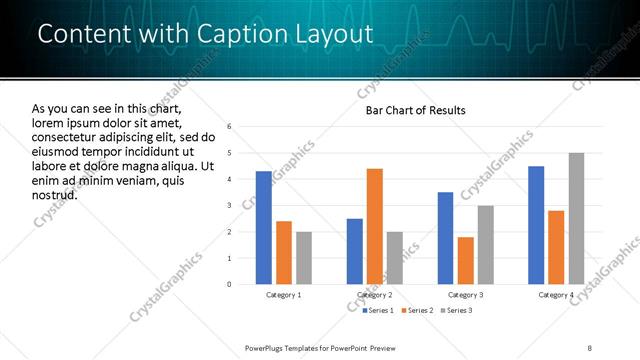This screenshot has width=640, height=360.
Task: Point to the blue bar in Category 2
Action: (x=354, y=251)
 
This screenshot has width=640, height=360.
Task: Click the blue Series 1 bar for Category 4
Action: (x=536, y=225)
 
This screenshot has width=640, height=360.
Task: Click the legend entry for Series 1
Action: (x=377, y=311)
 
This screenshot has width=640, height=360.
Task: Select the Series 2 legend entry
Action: (x=417, y=311)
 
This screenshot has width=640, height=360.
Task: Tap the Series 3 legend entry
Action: (x=456, y=311)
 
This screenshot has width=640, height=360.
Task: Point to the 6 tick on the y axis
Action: (x=230, y=127)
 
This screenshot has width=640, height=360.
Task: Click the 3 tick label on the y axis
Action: (x=230, y=206)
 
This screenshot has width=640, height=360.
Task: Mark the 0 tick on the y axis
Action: (x=230, y=284)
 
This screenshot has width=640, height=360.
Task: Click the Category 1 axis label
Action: (x=284, y=296)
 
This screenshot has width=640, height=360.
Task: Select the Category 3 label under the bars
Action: (x=465, y=296)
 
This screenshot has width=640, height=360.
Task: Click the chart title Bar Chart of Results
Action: (x=409, y=109)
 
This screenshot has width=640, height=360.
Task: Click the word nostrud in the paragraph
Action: (x=55, y=194)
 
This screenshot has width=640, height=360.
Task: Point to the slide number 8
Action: (x=590, y=347)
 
